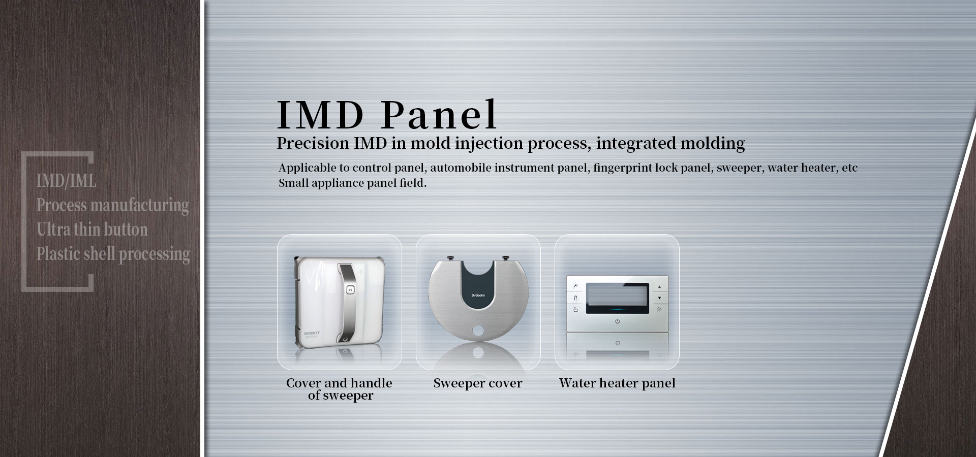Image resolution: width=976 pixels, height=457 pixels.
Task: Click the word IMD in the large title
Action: (321, 115)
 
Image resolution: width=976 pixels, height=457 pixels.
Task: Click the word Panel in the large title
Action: (439, 115)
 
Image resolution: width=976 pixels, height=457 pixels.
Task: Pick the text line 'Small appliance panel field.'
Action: (352, 183)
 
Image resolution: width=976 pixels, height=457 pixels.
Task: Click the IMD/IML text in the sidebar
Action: (66, 180)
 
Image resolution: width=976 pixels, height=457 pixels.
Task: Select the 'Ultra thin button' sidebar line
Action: (92, 230)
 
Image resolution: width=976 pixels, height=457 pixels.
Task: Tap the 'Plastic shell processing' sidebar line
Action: (113, 254)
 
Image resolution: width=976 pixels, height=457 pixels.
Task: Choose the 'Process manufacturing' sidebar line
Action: (112, 205)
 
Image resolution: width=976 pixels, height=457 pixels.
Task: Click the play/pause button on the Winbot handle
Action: (350, 290)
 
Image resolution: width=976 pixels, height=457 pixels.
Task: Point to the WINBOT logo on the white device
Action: (312, 334)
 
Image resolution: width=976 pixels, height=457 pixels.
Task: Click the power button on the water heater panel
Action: (617, 321)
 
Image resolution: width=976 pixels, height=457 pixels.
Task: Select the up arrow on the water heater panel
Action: (659, 287)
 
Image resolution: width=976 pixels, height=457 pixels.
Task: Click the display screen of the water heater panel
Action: (617, 298)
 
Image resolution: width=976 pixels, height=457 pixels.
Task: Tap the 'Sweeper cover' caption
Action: (478, 383)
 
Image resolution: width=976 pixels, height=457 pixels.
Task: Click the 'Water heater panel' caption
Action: (617, 383)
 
